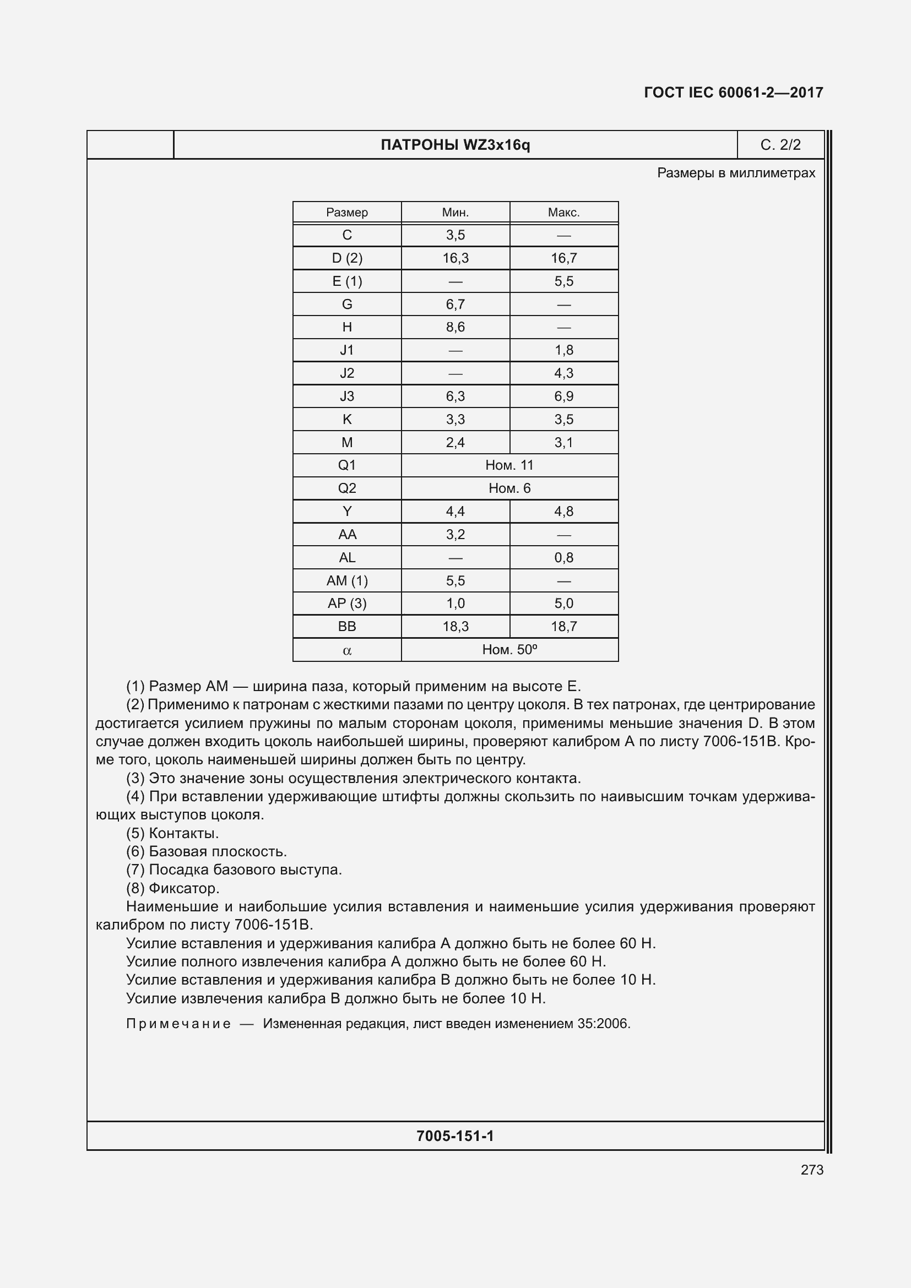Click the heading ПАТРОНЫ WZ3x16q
(455, 145)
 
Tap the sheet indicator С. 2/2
(780, 145)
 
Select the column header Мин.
(455, 213)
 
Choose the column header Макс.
(564, 213)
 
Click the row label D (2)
(346, 258)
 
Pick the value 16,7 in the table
(564, 258)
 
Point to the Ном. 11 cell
(509, 465)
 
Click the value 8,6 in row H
(455, 327)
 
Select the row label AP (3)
(346, 604)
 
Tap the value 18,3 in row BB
(455, 627)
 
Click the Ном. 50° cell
(509, 650)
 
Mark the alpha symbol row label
(346, 651)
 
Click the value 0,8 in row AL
(564, 558)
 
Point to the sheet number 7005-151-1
(455, 1136)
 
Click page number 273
(812, 1170)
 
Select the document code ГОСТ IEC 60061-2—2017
(733, 93)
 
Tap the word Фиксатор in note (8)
(183, 889)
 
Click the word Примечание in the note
(178, 1024)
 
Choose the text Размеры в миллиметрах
(736, 173)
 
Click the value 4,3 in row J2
(564, 373)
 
